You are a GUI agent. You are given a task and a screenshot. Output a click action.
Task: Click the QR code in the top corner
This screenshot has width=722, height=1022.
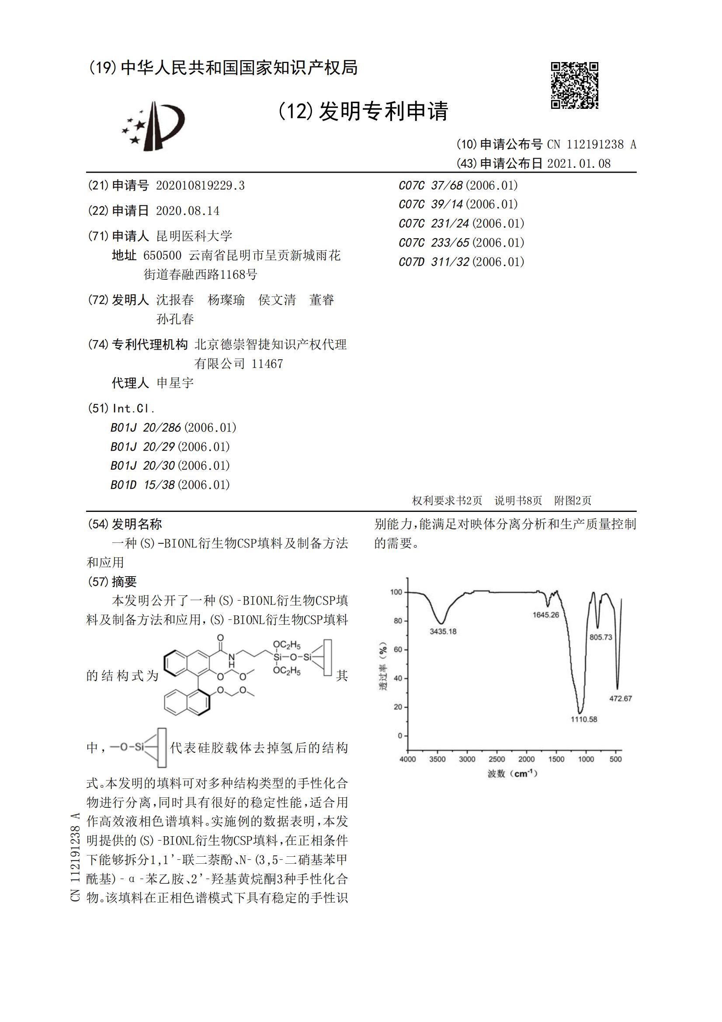coord(574,85)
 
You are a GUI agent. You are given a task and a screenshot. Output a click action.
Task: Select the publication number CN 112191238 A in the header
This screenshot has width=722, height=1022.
coord(592,144)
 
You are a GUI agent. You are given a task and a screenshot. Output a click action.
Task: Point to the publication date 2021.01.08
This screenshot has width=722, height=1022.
coord(579,163)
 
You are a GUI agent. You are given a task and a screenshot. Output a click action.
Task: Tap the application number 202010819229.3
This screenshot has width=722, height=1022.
coord(200,185)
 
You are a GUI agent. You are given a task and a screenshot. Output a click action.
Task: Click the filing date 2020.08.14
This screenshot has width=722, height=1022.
coord(187,211)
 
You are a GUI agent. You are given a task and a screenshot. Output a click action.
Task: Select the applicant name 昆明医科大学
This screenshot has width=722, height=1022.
coord(194,236)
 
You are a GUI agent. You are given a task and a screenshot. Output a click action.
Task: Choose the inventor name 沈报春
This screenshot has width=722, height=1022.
coord(175,299)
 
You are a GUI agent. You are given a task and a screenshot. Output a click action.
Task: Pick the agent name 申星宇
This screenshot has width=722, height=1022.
coord(175,382)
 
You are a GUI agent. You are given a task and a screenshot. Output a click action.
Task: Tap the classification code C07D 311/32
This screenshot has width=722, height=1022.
coord(434,262)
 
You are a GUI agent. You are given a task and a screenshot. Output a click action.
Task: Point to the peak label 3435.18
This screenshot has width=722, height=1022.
coord(443,631)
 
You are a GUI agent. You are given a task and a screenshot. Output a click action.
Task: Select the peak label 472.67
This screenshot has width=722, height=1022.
coord(620,699)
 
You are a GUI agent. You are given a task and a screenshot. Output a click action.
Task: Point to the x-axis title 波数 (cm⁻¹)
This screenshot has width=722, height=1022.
coord(512,774)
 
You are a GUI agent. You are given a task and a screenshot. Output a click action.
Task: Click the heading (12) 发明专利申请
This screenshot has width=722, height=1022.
coord(363,111)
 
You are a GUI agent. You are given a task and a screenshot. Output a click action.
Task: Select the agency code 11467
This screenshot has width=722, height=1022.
coord(267,364)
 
